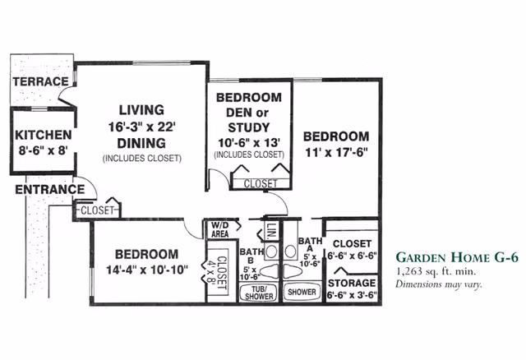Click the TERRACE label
click(40, 81)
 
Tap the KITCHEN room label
click(44, 135)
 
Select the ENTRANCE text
click(50, 190)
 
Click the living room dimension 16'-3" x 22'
click(142, 127)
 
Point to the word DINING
click(141, 143)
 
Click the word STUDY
click(249, 127)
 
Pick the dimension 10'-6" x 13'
click(249, 143)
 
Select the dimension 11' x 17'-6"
click(336, 152)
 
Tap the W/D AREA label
click(220, 230)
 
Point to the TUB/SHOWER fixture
click(259, 293)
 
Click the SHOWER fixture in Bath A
click(302, 292)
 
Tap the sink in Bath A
click(290, 251)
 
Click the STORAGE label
click(352, 284)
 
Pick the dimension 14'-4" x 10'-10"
click(147, 270)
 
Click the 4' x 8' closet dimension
click(212, 272)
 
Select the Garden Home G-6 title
click(457, 257)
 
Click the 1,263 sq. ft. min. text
click(436, 271)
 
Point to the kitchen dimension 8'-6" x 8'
click(44, 150)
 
